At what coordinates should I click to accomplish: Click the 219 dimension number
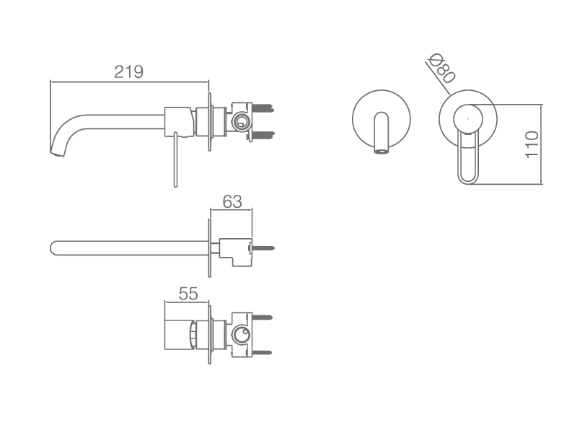(128, 71)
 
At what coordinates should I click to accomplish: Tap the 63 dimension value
(232, 202)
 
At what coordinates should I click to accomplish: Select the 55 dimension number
(188, 294)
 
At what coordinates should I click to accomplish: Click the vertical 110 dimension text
(532, 145)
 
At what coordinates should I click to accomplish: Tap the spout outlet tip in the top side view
(57, 153)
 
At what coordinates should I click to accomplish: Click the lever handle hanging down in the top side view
(175, 159)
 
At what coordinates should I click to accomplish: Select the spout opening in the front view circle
(382, 151)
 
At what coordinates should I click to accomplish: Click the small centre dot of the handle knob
(467, 119)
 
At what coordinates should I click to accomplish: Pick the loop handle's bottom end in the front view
(467, 182)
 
